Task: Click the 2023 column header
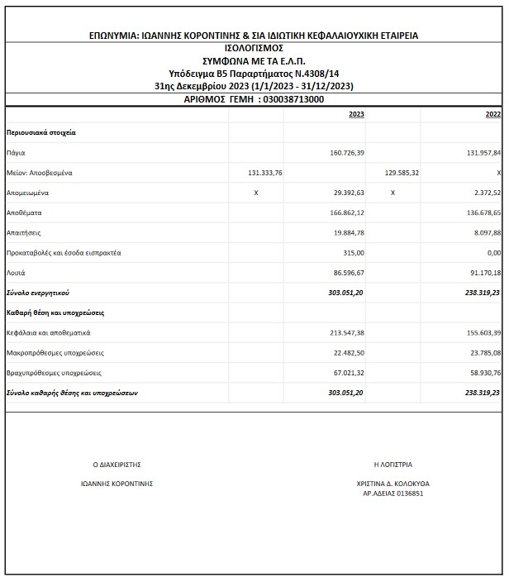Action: pyautogui.click(x=356, y=115)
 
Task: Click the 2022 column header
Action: pyautogui.click(x=493, y=115)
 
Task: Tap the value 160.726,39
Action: pyautogui.click(x=346, y=154)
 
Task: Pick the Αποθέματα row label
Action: pyautogui.click(x=22, y=212)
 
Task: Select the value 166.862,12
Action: pyautogui.click(x=346, y=212)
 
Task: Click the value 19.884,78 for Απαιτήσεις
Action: pyautogui.click(x=348, y=232)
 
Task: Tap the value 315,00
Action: pyautogui.click(x=354, y=252)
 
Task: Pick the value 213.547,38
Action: pyautogui.click(x=346, y=333)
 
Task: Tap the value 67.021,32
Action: pyautogui.click(x=348, y=373)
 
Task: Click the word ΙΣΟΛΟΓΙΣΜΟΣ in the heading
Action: pyautogui.click(x=253, y=48)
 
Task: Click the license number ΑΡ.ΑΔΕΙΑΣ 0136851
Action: pyautogui.click(x=393, y=494)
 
